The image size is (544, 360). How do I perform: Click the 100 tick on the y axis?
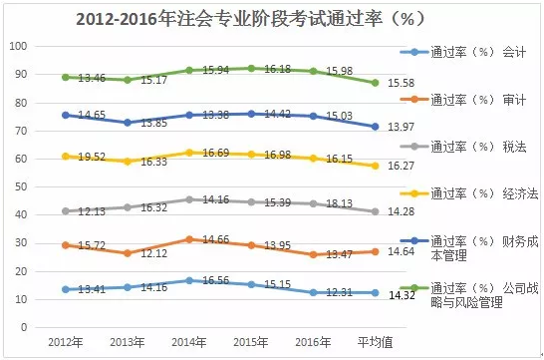point(19,47)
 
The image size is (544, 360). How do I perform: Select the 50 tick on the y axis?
point(22,186)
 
